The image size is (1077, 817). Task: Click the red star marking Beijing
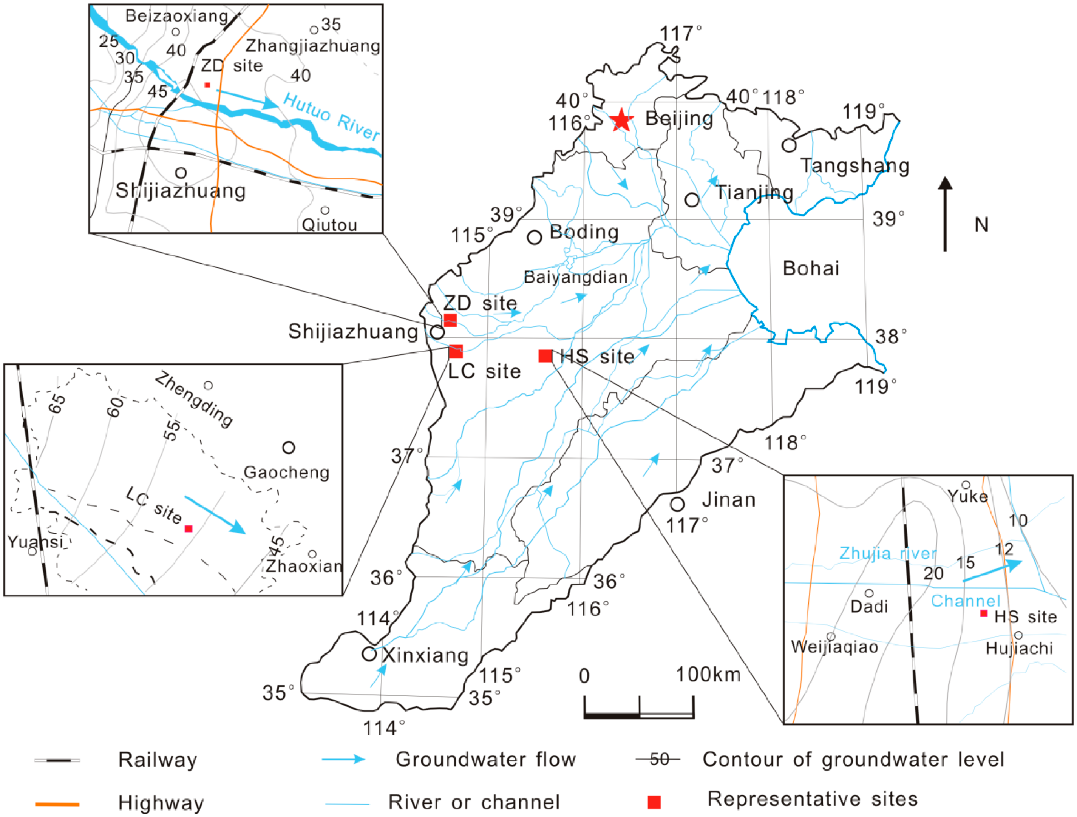click(x=621, y=120)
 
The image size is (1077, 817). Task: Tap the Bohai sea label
click(x=811, y=268)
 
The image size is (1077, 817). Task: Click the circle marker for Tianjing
click(x=692, y=199)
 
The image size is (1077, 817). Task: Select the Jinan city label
click(x=728, y=500)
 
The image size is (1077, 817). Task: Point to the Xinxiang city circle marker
click(x=369, y=654)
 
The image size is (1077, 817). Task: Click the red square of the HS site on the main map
click(x=545, y=356)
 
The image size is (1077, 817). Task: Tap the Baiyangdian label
click(x=575, y=277)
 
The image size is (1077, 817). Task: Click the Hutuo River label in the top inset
click(x=331, y=116)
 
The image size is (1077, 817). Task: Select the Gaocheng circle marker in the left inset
click(x=289, y=447)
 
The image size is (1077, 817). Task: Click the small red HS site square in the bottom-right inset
click(x=983, y=613)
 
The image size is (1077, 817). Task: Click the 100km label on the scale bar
click(x=708, y=674)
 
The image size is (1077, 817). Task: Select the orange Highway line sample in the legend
click(x=57, y=804)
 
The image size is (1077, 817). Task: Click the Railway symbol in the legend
click(x=57, y=760)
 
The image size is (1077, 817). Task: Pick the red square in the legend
click(x=654, y=802)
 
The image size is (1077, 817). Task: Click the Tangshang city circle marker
click(x=789, y=145)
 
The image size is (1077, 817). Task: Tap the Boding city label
click(x=584, y=232)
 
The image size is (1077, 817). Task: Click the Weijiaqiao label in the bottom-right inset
click(x=834, y=647)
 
